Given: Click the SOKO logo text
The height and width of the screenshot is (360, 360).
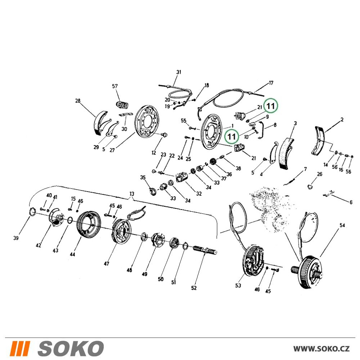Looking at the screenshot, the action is point(71,348).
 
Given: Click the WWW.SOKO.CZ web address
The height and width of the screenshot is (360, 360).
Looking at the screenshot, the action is point(321,349).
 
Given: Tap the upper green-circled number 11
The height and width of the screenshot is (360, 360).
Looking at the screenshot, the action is point(271,106).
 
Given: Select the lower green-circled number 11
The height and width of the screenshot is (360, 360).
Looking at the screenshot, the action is point(231,136).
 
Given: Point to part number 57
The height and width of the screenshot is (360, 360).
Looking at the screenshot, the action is point(115,86).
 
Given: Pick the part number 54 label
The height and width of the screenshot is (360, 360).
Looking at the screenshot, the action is point(342,225).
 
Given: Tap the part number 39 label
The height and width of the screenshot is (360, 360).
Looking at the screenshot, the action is point(15,238).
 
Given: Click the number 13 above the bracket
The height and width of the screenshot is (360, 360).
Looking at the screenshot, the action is point(131,194).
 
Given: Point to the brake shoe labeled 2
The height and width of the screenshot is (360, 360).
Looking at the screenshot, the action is point(319,140).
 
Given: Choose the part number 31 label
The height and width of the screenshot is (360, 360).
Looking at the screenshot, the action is point(179,72).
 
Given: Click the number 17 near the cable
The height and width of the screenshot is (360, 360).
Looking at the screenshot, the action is point(271,83).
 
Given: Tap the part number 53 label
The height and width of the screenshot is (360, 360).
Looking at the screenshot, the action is point(238,285).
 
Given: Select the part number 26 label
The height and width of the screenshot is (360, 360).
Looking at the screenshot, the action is point(320,174).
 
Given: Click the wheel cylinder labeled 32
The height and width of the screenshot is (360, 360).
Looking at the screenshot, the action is point(182,178).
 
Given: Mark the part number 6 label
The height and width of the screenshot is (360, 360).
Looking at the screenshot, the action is point(351,202).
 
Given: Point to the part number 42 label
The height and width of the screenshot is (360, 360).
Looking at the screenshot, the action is point(39,246).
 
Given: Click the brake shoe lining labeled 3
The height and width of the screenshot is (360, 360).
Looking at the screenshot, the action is point(287,154).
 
